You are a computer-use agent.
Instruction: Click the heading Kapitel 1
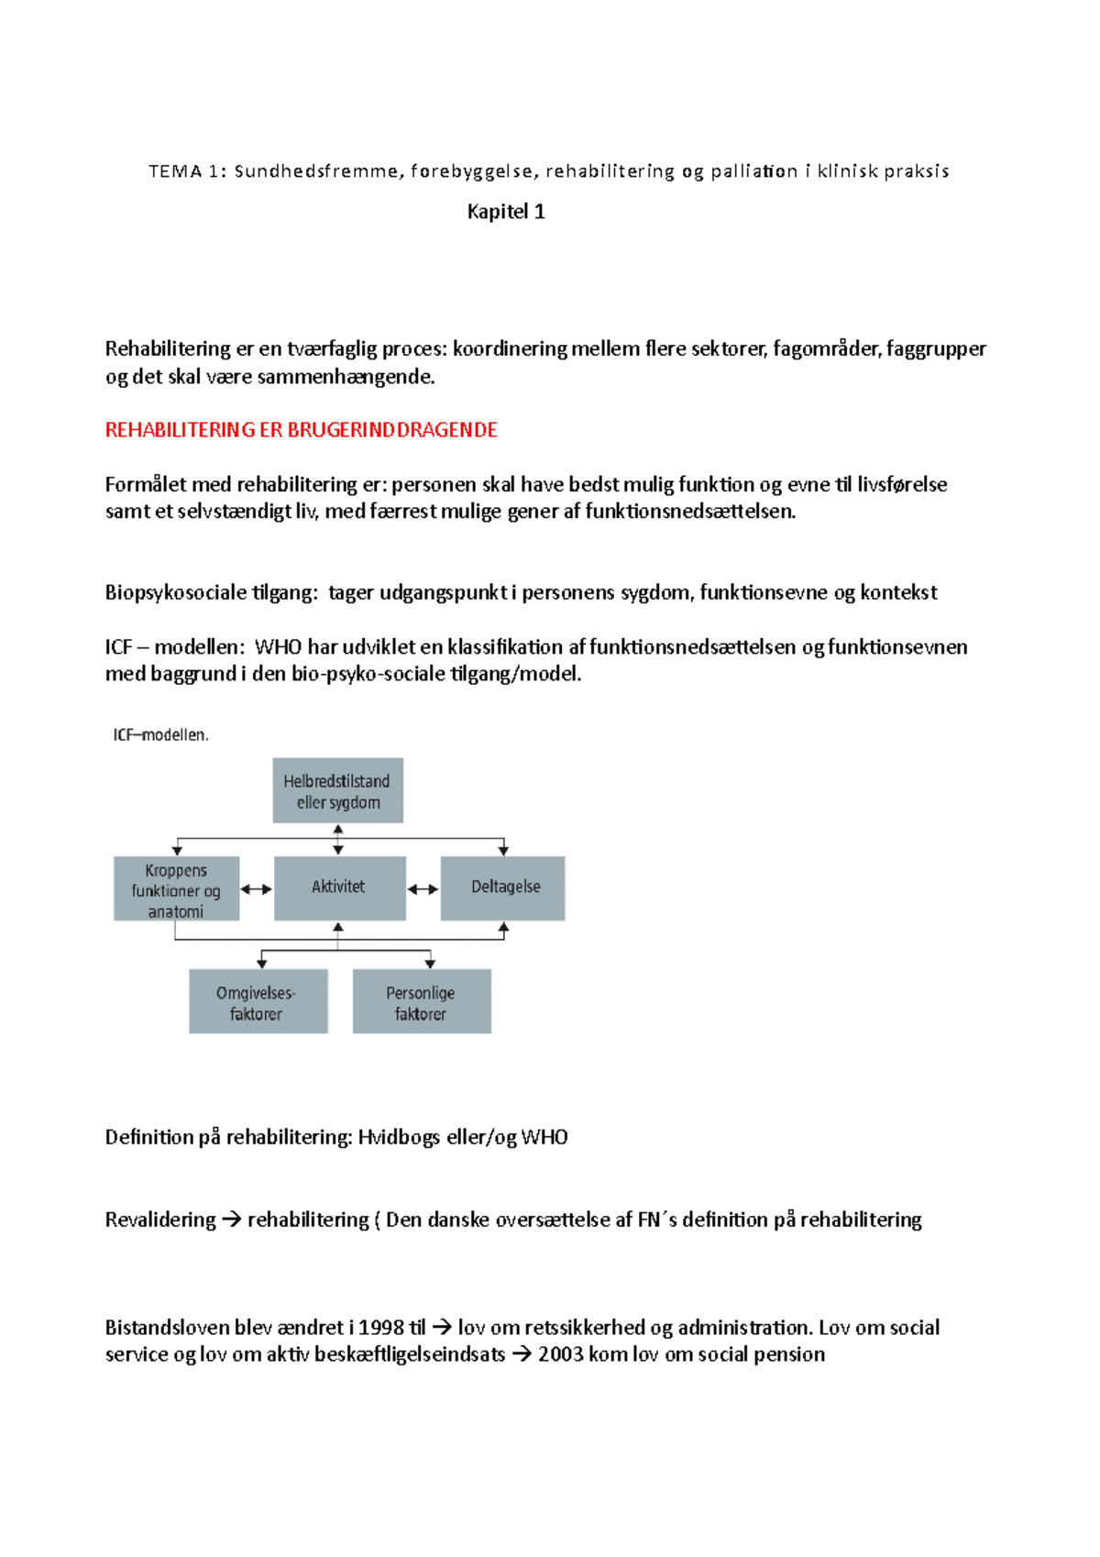[x=506, y=212]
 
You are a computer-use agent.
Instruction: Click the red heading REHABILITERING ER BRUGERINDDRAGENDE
[x=301, y=430]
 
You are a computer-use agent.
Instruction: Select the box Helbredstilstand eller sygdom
[x=337, y=791]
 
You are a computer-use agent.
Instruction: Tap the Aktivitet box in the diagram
[x=338, y=888]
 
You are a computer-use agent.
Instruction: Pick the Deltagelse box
[x=504, y=888]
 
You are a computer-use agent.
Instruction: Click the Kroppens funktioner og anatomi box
[x=176, y=889]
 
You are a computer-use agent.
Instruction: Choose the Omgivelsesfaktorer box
[x=257, y=1002]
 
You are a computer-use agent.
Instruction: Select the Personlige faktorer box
[x=421, y=1002]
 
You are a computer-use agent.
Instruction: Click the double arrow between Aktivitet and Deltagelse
[x=423, y=889]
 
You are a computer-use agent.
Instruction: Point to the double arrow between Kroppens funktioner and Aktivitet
[x=256, y=889]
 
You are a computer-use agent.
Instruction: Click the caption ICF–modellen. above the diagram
[x=160, y=735]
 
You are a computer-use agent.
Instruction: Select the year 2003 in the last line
[x=560, y=1354]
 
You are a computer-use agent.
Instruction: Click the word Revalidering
[x=160, y=1220]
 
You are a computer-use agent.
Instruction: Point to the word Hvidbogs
[x=398, y=1138]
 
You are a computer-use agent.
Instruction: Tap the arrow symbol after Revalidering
[x=231, y=1220]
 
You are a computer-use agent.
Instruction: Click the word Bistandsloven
[x=168, y=1328]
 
